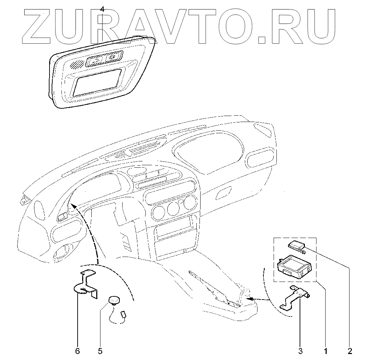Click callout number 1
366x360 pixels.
pos(326,351)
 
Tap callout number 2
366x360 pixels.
pos(350,351)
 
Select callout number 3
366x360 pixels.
pos(300,351)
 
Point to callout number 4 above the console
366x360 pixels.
pos(102,9)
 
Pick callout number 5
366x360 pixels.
pos(100,351)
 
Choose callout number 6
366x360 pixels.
pos(78,351)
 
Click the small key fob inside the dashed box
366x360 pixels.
pos(296,245)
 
